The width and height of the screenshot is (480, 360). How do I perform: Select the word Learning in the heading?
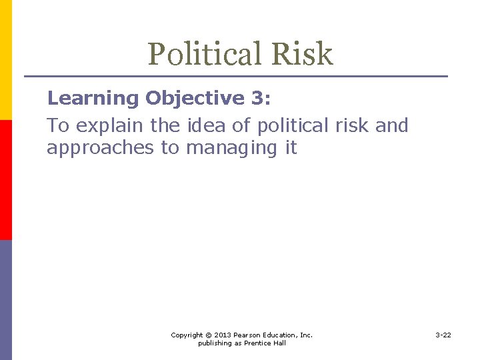point(93,99)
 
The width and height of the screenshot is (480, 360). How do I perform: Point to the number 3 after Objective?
point(257,99)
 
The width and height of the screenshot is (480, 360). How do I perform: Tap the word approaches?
point(101,148)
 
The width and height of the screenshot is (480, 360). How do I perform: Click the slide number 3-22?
point(443,335)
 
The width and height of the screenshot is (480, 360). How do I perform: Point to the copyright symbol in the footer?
point(208,335)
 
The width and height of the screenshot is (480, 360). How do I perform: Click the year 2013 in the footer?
point(223,335)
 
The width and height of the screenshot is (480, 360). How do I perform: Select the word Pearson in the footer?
point(250,335)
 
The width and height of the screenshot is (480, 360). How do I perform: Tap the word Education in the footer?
point(283,335)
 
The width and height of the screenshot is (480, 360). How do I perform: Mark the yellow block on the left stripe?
point(5,60)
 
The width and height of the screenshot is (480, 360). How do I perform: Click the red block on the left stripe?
point(5,180)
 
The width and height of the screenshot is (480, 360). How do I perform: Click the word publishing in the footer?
point(213,343)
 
